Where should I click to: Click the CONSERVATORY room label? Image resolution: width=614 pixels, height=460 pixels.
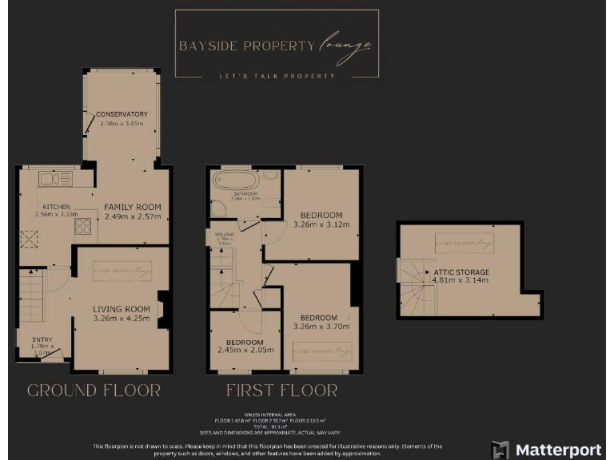(x=122, y=114)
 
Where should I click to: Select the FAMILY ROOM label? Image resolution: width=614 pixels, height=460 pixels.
(x=132, y=207)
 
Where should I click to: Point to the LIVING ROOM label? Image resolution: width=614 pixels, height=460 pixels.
(x=122, y=309)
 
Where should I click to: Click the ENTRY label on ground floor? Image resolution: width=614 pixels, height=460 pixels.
(x=42, y=340)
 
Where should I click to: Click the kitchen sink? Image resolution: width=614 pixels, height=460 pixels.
(x=55, y=179)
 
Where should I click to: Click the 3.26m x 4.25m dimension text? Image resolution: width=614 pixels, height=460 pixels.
(x=122, y=319)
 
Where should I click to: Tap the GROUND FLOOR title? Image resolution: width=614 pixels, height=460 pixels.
(x=94, y=391)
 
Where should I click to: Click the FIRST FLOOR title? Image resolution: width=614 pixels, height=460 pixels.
(x=281, y=391)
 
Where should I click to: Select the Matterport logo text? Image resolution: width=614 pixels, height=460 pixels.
(x=558, y=449)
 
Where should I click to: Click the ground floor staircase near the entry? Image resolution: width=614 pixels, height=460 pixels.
(x=32, y=292)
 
